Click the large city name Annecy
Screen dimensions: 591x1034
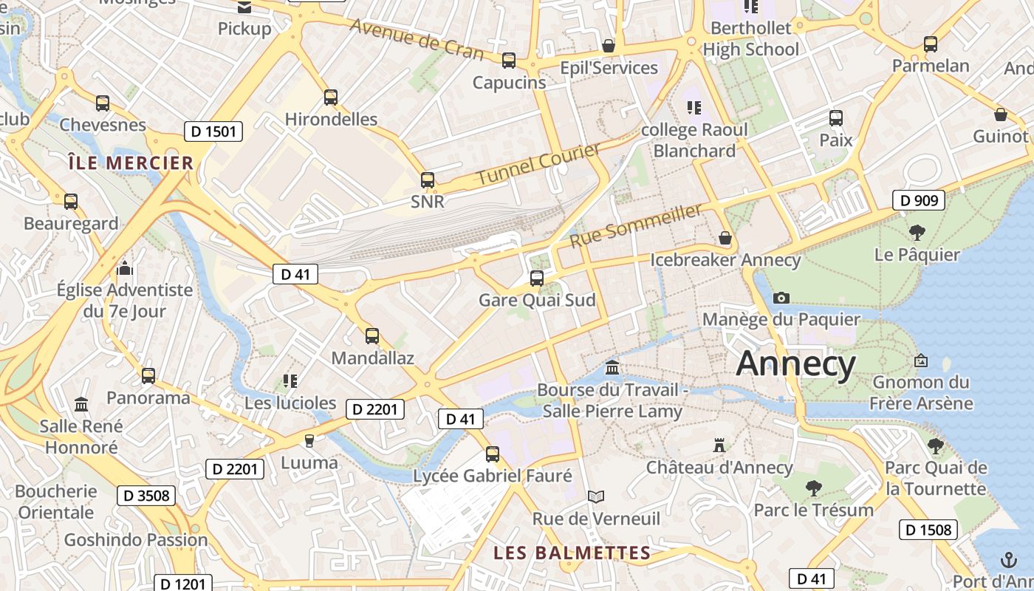(x=795, y=364)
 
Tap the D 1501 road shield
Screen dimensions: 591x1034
(x=213, y=132)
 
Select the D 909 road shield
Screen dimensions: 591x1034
(x=919, y=200)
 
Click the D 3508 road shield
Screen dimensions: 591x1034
(x=146, y=496)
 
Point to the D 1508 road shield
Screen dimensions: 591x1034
(x=928, y=529)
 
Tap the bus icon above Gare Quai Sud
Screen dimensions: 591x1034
(x=537, y=279)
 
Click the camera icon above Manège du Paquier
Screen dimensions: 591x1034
(x=781, y=298)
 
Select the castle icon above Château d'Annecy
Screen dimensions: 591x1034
(x=719, y=445)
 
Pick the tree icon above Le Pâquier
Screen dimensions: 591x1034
(x=917, y=233)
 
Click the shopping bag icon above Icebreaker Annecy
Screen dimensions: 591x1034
(x=725, y=239)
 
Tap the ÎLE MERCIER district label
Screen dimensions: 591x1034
(x=130, y=163)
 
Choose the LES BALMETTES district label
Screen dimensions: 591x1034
(x=572, y=553)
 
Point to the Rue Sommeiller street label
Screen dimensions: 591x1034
(x=636, y=226)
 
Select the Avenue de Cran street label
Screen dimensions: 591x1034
(x=417, y=38)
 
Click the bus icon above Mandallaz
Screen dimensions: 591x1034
(x=372, y=336)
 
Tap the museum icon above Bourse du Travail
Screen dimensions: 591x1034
(x=612, y=367)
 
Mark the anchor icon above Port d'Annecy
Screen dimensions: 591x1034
(x=1007, y=559)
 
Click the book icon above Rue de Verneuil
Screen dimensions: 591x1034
(x=596, y=496)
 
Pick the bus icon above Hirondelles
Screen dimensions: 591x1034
(x=331, y=97)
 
